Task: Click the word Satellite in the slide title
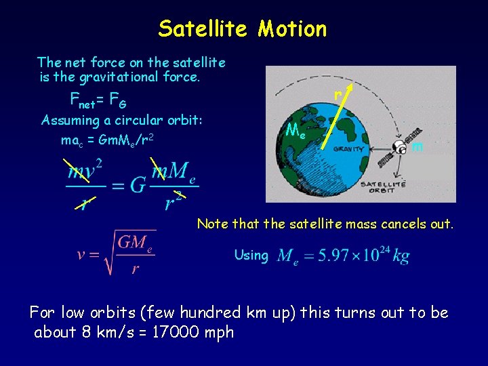coord(204,28)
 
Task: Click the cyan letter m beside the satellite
coord(418,146)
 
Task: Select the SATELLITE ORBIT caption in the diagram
coord(383,188)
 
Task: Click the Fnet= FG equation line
coord(98,101)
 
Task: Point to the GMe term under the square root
coord(135,243)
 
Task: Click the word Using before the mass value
coord(251,255)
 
